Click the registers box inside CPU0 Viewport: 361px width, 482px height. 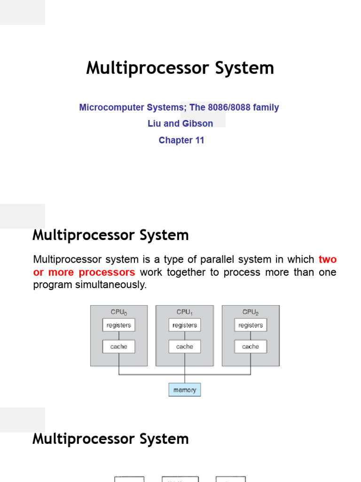(x=118, y=325)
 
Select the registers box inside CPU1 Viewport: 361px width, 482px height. (x=184, y=325)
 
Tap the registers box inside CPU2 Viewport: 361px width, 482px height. (x=250, y=325)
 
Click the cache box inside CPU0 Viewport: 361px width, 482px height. (x=118, y=346)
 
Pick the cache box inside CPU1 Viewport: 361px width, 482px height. (x=184, y=346)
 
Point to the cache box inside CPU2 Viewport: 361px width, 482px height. (x=250, y=346)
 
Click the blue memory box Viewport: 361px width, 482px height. (x=185, y=390)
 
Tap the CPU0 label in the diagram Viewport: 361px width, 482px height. (x=118, y=312)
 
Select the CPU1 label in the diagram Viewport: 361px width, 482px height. (x=184, y=312)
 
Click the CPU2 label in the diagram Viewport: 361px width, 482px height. (x=251, y=312)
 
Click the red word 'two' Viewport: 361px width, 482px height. (x=327, y=259)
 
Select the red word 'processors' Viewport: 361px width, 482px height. (x=107, y=272)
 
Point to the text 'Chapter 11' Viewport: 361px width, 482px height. (x=181, y=140)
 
